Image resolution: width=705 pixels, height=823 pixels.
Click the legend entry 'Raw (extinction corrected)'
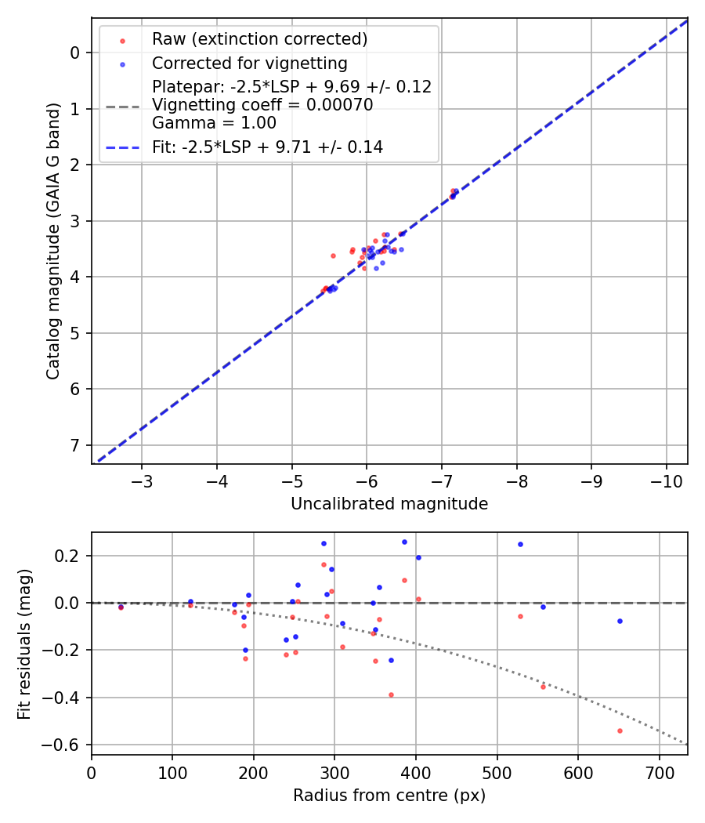(259, 39)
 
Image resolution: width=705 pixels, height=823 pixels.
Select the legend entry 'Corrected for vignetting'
(249, 63)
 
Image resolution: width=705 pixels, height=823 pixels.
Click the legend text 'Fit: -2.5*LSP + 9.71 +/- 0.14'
(267, 147)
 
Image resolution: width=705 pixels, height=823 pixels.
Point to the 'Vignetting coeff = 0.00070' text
(262, 105)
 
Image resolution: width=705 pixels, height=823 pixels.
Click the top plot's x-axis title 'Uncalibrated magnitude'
(389, 504)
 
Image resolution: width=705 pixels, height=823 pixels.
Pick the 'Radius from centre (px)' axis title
(389, 796)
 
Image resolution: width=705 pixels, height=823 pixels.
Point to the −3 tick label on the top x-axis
(142, 480)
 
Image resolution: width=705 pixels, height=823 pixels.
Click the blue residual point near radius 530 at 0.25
(519, 544)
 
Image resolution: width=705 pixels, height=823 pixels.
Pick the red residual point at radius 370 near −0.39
(391, 694)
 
